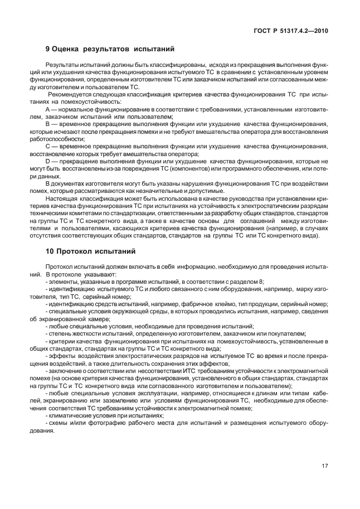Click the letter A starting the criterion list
tap(47, 110)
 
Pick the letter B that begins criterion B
tap(47, 124)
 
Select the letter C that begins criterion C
tap(47, 146)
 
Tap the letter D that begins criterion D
tap(47, 161)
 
